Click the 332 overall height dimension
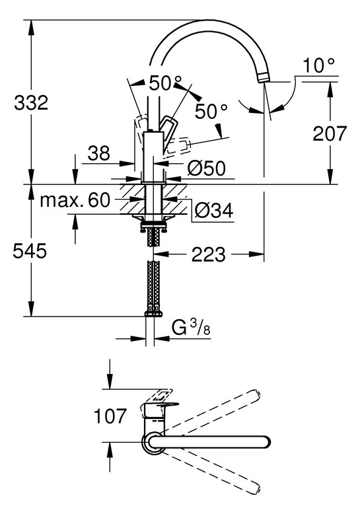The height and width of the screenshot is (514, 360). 31,102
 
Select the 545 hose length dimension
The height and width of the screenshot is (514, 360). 30,252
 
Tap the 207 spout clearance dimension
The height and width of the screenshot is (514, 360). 329,133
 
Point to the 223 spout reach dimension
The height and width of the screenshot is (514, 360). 209,254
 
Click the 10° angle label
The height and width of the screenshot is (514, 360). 318,65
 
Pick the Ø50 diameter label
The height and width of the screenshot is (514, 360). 207,168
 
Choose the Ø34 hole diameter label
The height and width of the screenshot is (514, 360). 214,211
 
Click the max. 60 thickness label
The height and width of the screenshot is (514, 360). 75,200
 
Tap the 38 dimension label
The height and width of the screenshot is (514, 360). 99,153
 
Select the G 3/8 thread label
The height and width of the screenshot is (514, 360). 191,327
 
